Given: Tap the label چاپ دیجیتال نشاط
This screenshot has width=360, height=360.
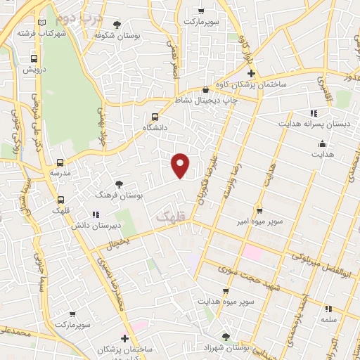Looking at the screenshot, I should tap(206, 101).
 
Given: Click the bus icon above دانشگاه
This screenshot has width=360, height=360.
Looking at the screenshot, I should tap(155, 117).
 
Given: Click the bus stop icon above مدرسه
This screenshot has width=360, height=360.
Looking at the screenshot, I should tap(60, 162).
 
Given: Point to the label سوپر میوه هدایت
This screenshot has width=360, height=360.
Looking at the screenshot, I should tap(226, 300).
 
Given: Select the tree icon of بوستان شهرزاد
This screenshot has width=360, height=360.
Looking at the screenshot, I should tap(226, 336).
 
